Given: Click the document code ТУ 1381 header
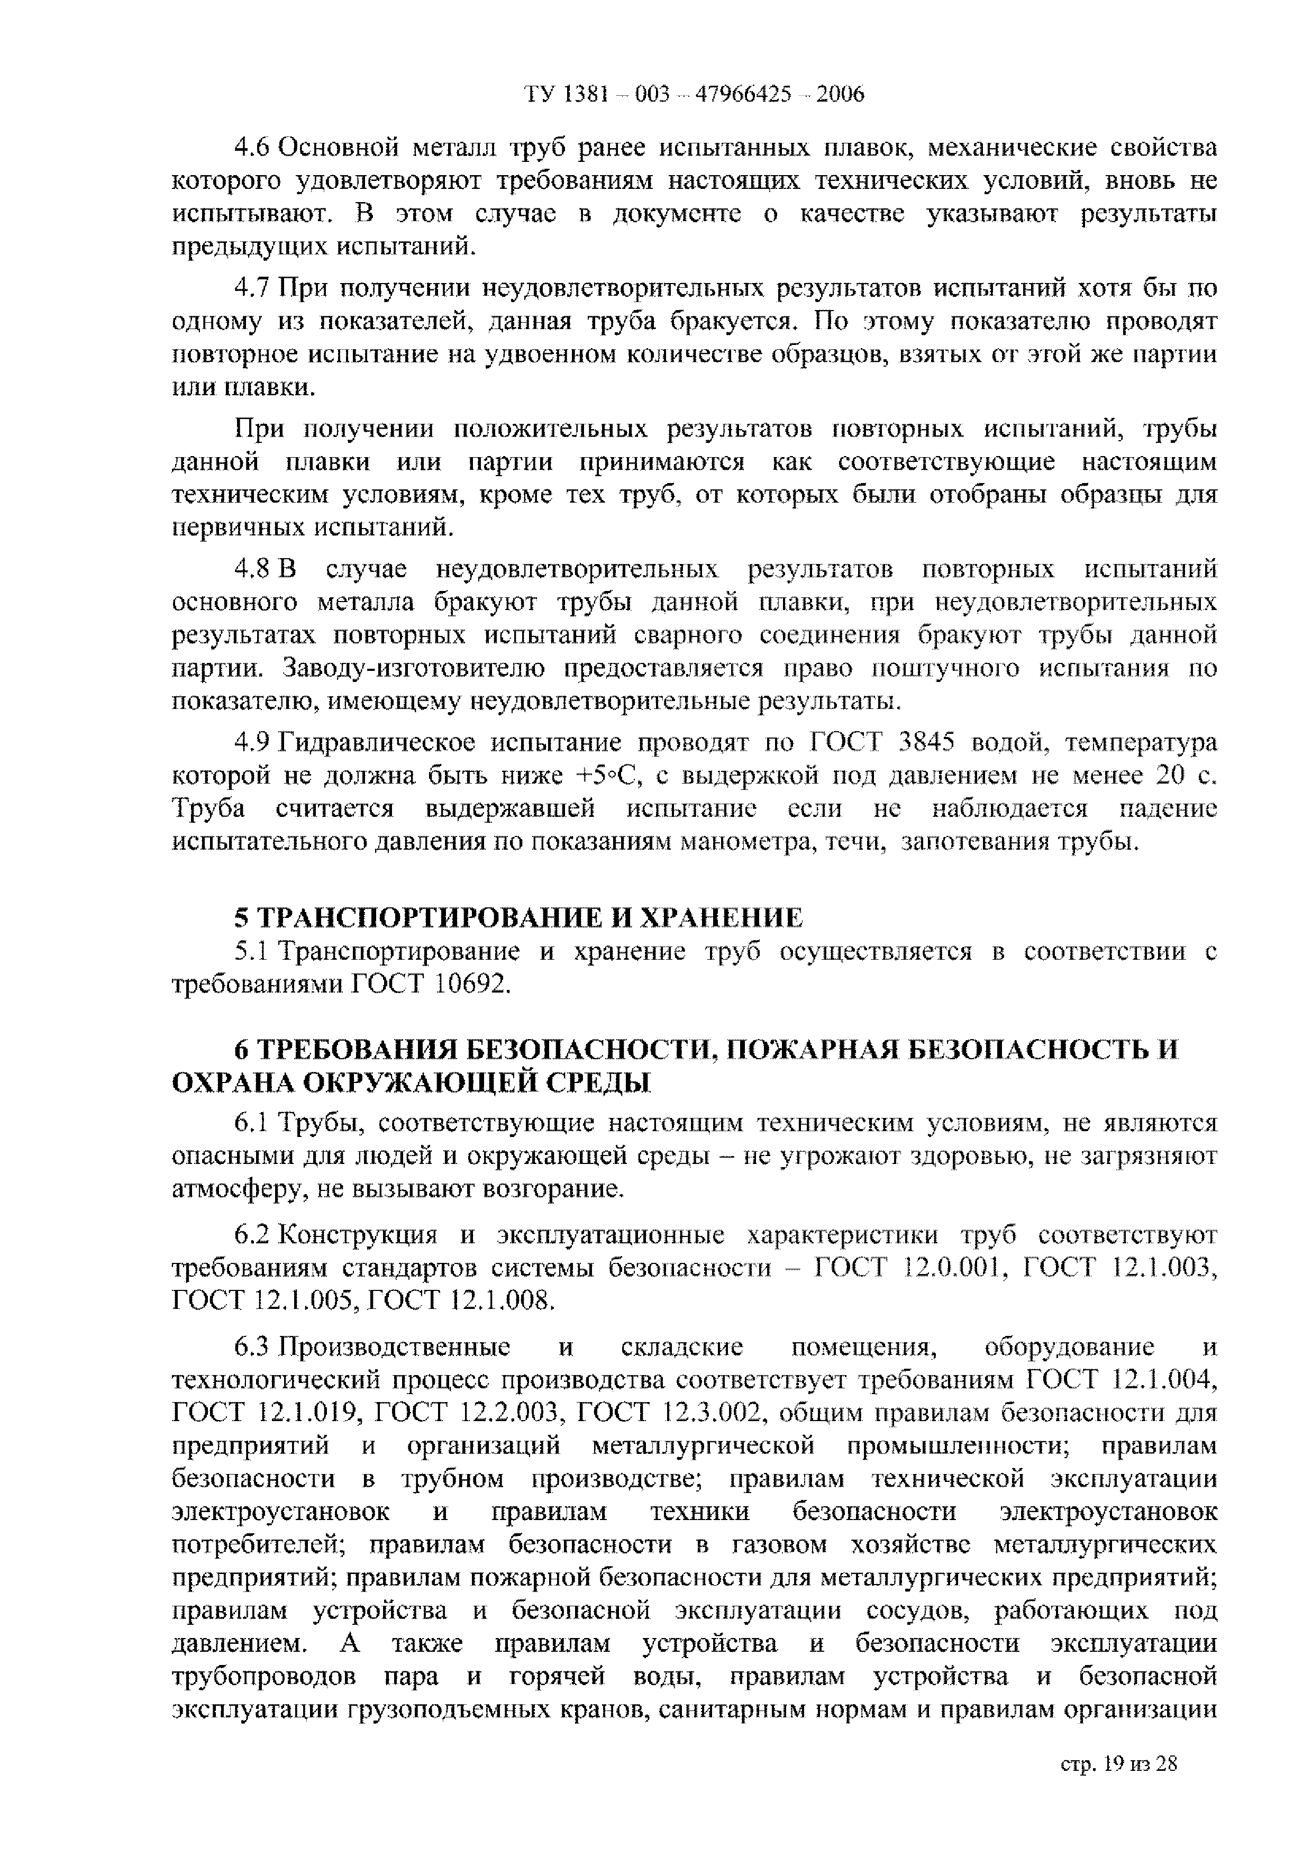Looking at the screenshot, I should click(x=694, y=95).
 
